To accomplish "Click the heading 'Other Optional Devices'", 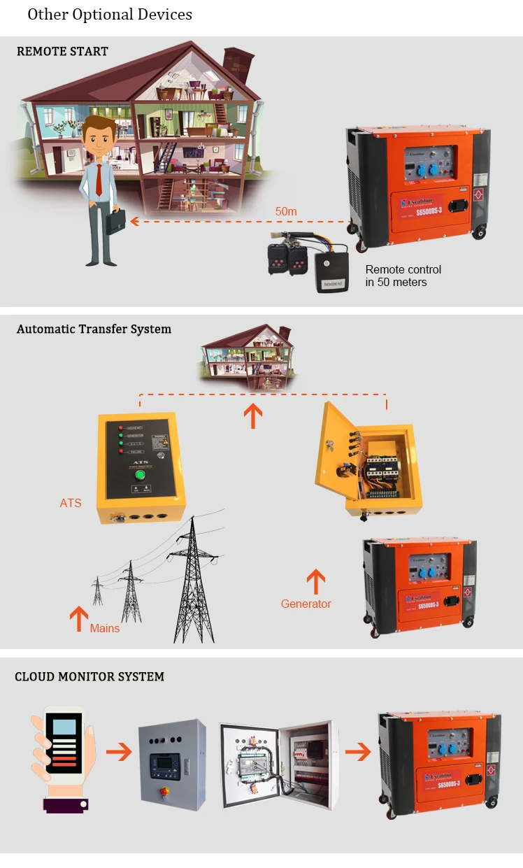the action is pos(110,15).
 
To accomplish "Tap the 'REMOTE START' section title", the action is pos(62,51).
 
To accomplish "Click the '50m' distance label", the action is pos(286,211).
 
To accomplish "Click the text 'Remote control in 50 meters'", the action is pos(403,276).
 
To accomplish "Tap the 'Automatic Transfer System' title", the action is pos(94,329).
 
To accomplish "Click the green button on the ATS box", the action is pos(139,475).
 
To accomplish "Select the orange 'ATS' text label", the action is pos(71,502).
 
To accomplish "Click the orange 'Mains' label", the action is pos(105,628).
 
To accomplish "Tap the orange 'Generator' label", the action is pos(306,604).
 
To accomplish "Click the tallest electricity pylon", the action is pos(193,581).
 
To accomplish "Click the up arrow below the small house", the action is pos(252,415).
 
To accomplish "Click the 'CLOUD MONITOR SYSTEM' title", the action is pos(89,676).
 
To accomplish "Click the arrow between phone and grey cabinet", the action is pos(119,753).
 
